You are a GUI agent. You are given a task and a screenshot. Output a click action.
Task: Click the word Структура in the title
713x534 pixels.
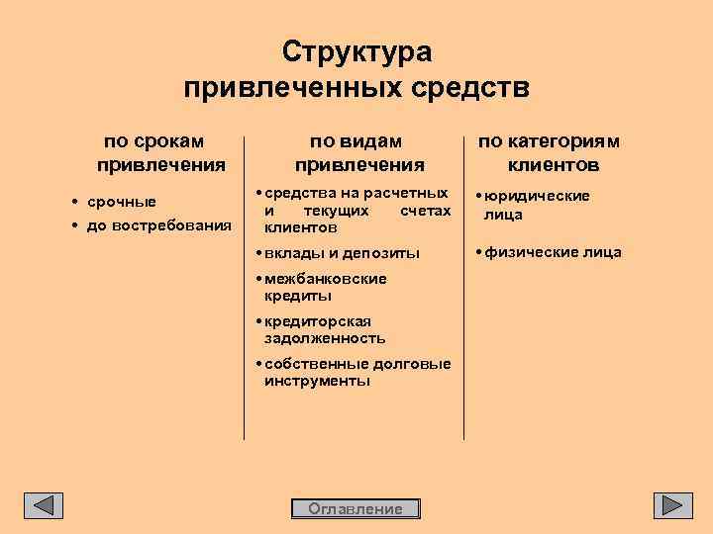356,51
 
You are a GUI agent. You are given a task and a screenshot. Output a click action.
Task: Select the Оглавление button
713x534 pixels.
356,508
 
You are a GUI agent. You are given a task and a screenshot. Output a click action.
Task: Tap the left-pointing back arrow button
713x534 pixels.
44,504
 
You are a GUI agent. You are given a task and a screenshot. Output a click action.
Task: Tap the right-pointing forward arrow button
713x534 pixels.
672,504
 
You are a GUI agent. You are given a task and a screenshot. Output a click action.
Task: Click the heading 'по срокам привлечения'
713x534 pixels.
161,151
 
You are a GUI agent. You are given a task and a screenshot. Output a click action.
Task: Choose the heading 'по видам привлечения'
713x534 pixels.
359,151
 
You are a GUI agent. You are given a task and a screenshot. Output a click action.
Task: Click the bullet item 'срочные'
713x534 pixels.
121,203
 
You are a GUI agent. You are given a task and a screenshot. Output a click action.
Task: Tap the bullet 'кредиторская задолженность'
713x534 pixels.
323,329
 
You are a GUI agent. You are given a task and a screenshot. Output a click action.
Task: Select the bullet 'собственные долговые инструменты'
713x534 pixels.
356,372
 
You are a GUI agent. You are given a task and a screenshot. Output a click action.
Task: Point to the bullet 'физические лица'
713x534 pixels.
553,252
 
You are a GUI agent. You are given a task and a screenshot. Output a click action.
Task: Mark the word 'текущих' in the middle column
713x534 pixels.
337,211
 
